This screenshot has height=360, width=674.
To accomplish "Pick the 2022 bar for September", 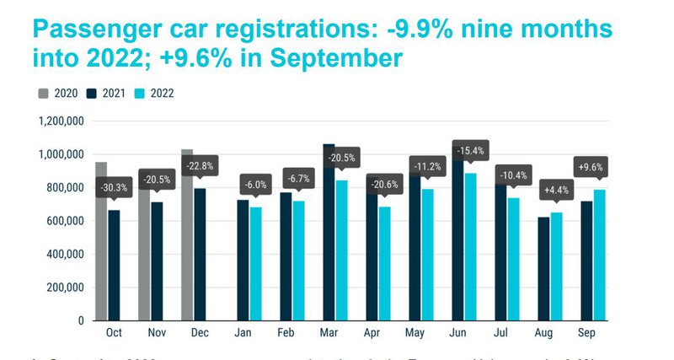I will pos(599,253).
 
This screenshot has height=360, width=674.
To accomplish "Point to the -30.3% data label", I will pos(114,187).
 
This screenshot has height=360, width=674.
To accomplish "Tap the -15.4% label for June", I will pos(471,150).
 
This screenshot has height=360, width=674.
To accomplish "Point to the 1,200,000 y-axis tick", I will pos(60,121).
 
